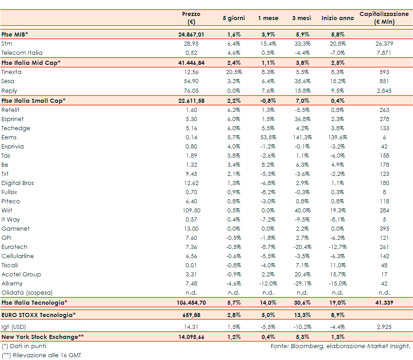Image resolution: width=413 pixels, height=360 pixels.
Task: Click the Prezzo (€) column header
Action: pyautogui.click(x=191, y=18)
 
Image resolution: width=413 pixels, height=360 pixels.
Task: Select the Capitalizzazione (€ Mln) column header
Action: pyautogui.click(x=384, y=18)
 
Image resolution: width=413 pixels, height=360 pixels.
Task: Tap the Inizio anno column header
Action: pyautogui.click(x=338, y=18)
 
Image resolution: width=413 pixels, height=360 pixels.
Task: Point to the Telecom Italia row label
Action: pyautogui.click(x=22, y=53)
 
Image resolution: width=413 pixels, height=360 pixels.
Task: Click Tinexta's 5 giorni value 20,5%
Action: pyautogui.click(x=234, y=72)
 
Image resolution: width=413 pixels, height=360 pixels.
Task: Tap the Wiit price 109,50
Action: pyautogui.click(x=191, y=210)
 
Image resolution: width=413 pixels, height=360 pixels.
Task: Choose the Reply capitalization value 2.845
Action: pyautogui.click(x=384, y=90)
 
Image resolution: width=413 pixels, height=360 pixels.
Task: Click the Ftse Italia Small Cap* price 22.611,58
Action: pyautogui.click(x=191, y=100)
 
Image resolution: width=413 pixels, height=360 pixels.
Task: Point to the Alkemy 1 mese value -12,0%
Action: pyautogui.click(x=268, y=283)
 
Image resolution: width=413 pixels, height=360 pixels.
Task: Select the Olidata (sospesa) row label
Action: pyautogui.click(x=27, y=292)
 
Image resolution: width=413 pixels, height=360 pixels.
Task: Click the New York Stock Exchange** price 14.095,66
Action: pyautogui.click(x=191, y=337)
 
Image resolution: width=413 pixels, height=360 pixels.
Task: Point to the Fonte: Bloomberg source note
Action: pyautogui.click(x=340, y=346)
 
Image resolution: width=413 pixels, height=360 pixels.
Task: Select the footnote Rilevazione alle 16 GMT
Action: pyautogui.click(x=43, y=355)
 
